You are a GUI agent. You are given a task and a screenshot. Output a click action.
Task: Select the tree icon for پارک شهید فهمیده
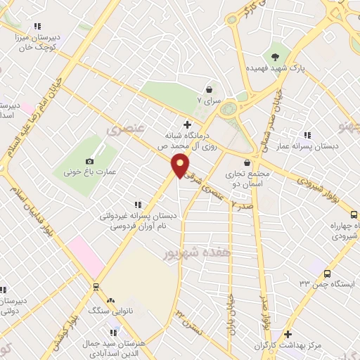click(x=275, y=56)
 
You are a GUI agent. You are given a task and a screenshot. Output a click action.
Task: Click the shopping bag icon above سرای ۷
click(x=210, y=89)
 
